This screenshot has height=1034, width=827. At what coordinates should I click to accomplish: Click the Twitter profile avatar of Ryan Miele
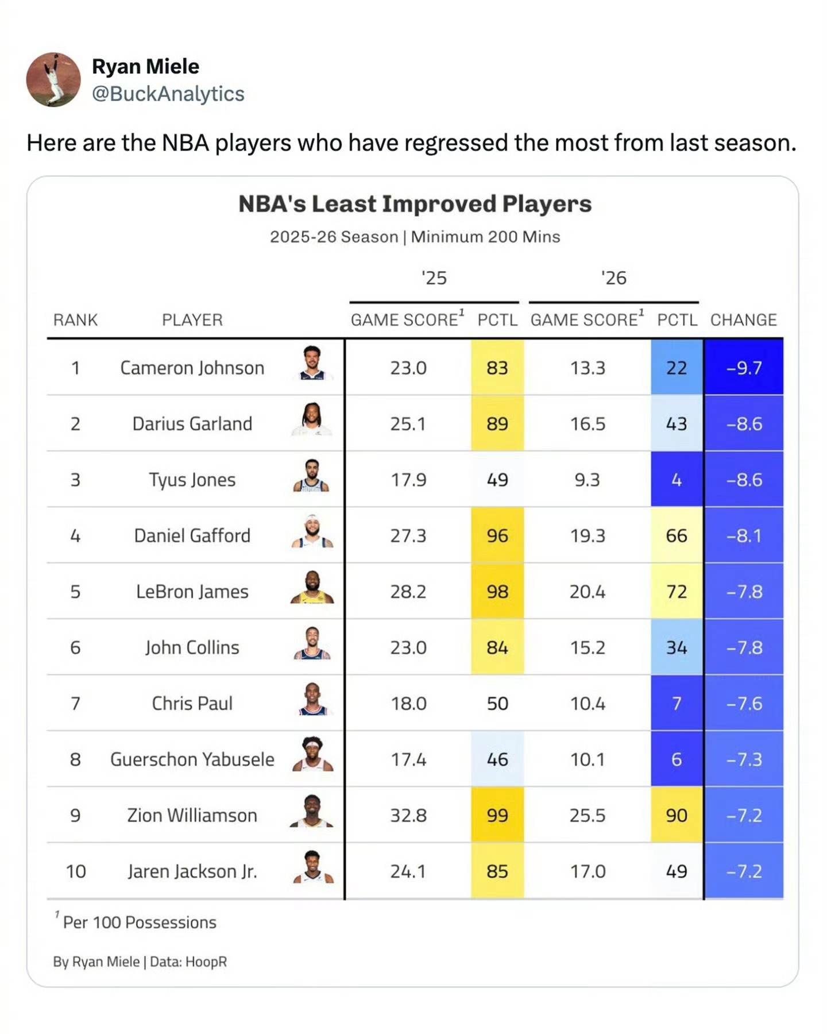coord(53,80)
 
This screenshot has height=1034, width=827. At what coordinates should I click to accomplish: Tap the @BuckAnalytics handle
coord(168,94)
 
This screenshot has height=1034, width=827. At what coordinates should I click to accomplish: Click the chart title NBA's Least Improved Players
coord(415,204)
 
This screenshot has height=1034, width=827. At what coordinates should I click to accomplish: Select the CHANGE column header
coord(743,320)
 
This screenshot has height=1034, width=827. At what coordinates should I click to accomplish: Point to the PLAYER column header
coord(192,320)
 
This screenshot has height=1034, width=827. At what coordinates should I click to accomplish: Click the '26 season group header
coord(613,278)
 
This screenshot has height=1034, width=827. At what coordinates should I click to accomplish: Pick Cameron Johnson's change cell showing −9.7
coord(744,368)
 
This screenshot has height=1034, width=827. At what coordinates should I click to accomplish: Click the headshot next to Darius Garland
coord(312,420)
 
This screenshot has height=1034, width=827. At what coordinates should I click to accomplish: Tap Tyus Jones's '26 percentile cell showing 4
coord(677,480)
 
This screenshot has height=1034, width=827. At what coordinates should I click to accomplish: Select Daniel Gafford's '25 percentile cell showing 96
coord(497,535)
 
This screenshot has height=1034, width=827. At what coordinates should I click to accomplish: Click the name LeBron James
coord(192,592)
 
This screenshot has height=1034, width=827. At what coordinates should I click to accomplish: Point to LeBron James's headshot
coord(312,588)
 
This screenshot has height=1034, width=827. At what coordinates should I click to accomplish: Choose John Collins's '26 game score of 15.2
coord(588,647)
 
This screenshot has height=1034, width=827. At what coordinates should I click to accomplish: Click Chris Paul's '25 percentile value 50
coord(497,704)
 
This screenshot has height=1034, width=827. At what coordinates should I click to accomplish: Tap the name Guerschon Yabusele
coord(192,759)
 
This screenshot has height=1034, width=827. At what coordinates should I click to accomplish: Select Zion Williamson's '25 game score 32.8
coord(408,815)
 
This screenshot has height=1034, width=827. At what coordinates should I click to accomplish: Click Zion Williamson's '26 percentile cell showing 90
coord(677,815)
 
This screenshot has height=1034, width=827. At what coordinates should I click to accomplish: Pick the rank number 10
coord(76,871)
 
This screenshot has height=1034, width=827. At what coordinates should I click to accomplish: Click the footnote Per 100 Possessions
coord(139,923)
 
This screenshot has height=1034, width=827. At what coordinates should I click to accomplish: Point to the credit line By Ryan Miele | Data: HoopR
coord(140,962)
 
